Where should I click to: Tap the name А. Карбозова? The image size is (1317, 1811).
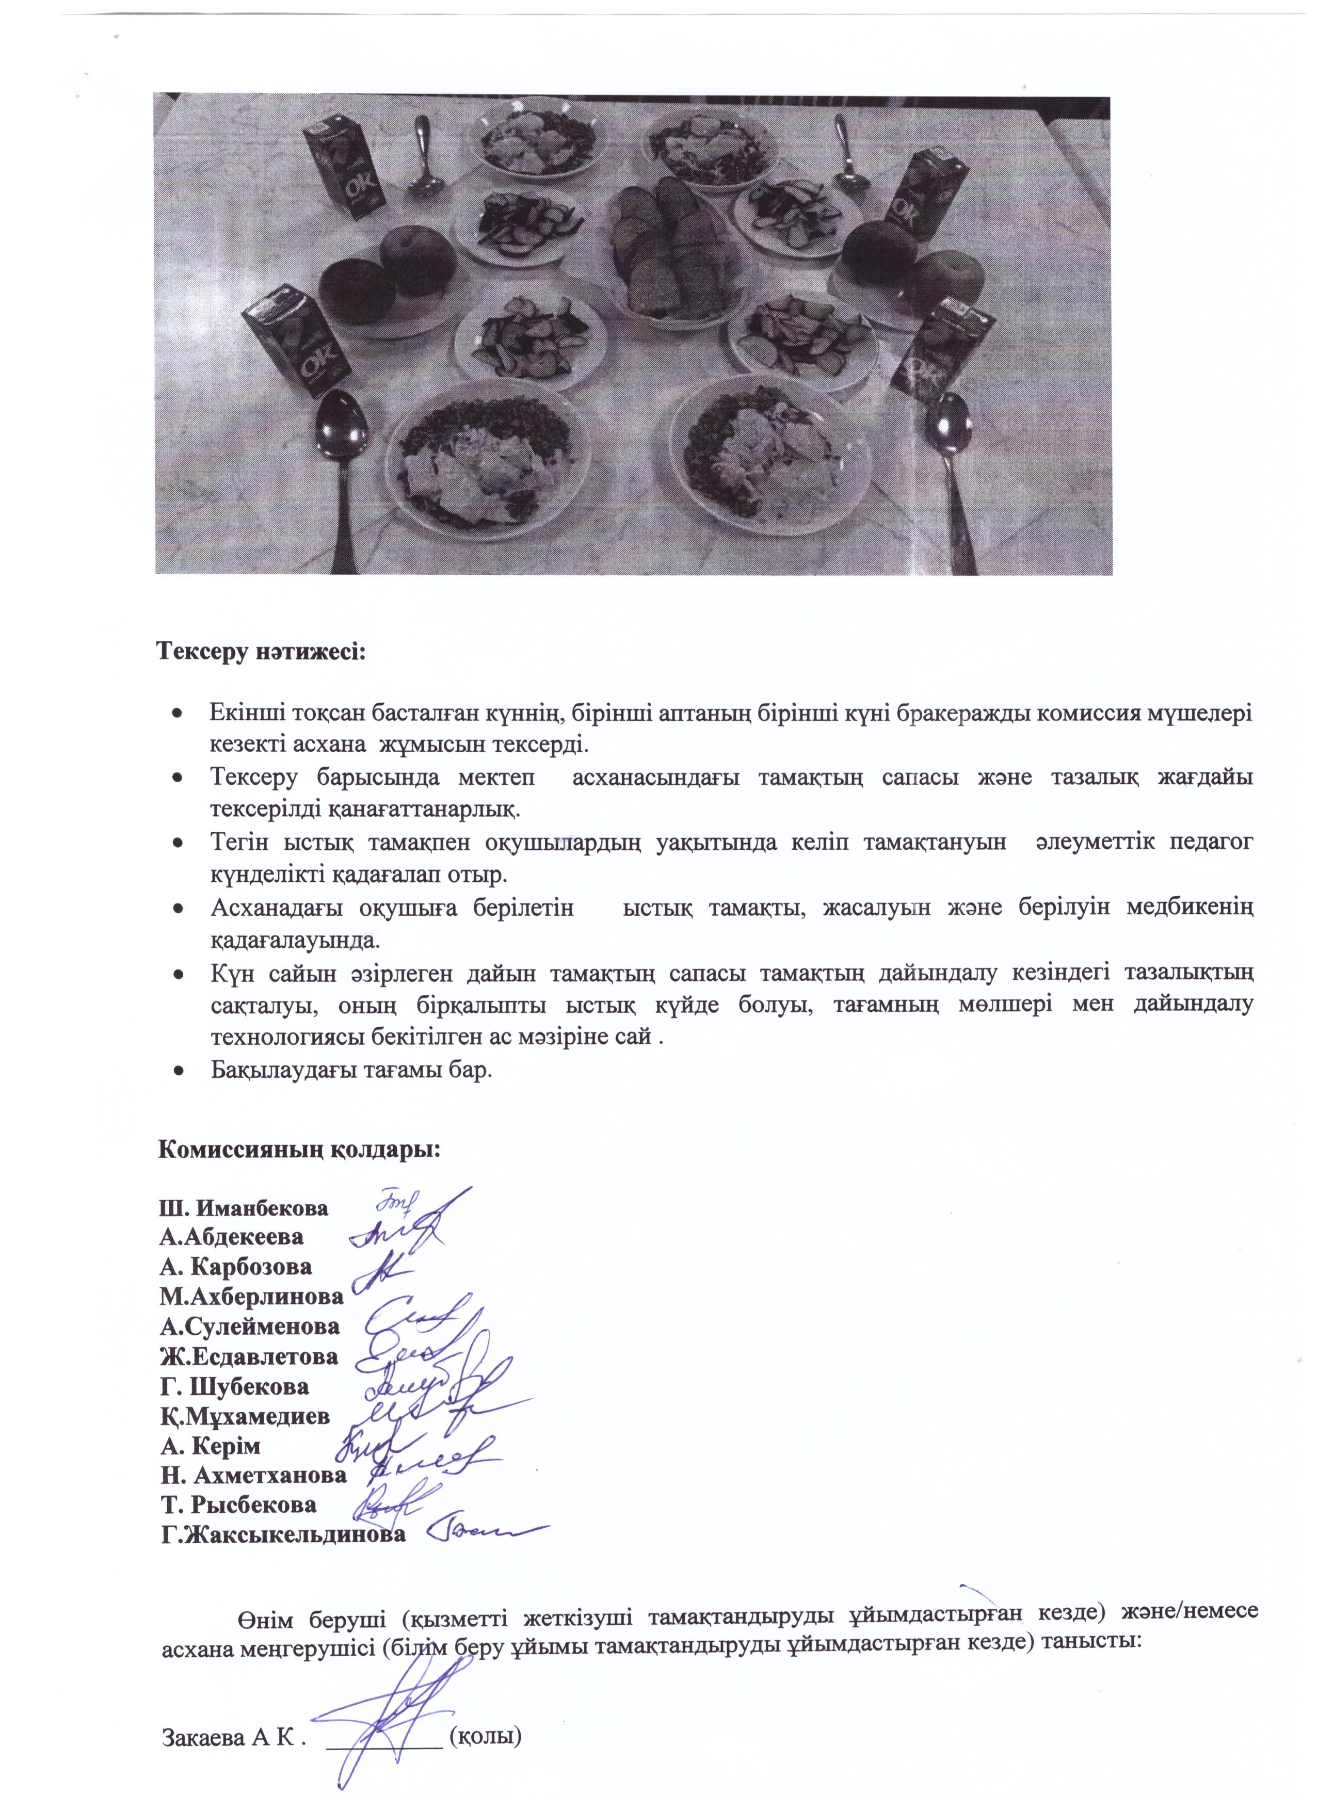pos(236,1267)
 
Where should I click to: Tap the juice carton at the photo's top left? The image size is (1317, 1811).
pos(345,172)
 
